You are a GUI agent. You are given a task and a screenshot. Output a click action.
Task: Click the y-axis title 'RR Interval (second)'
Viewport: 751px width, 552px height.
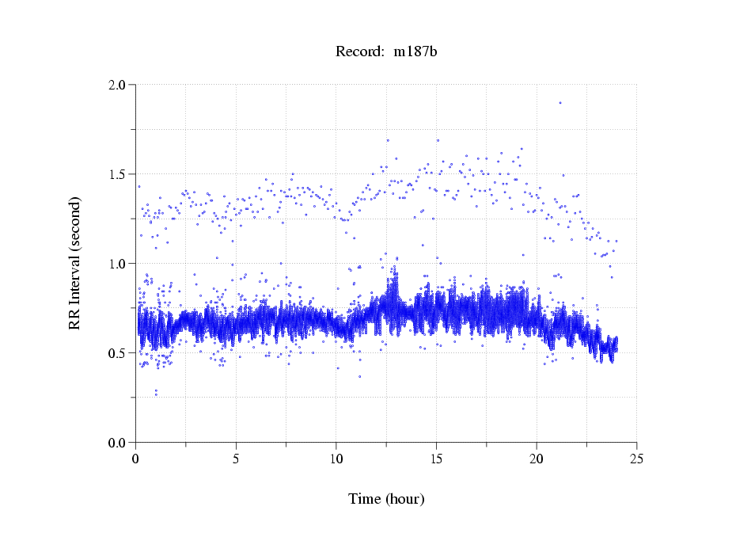click(74, 262)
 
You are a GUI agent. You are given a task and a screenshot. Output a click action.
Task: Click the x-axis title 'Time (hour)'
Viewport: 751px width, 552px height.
click(386, 499)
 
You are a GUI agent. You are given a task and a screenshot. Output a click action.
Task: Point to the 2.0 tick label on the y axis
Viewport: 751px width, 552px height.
click(119, 84)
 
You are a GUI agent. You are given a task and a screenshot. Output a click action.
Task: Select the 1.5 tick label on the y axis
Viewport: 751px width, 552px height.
click(119, 173)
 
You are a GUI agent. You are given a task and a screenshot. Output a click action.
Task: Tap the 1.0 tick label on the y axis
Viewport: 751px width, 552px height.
click(119, 263)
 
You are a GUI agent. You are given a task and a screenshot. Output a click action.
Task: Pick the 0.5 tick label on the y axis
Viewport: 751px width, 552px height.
click(119, 352)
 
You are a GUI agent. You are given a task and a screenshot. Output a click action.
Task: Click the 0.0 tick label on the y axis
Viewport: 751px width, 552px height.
click(119, 442)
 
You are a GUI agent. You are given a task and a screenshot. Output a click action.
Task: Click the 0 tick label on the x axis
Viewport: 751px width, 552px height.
click(136, 459)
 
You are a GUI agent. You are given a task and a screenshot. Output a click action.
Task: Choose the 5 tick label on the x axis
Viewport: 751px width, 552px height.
click(236, 459)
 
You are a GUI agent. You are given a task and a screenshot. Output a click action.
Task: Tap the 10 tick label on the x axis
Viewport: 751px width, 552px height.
click(336, 459)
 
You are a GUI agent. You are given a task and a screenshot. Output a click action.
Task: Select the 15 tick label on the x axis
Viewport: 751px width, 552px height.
click(436, 459)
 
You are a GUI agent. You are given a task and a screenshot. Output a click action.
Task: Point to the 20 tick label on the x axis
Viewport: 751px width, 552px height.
click(537, 459)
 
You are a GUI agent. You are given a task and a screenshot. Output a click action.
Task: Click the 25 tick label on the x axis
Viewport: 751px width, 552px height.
click(636, 459)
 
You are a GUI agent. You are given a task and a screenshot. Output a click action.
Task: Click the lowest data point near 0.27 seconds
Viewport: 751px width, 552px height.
click(155, 394)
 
